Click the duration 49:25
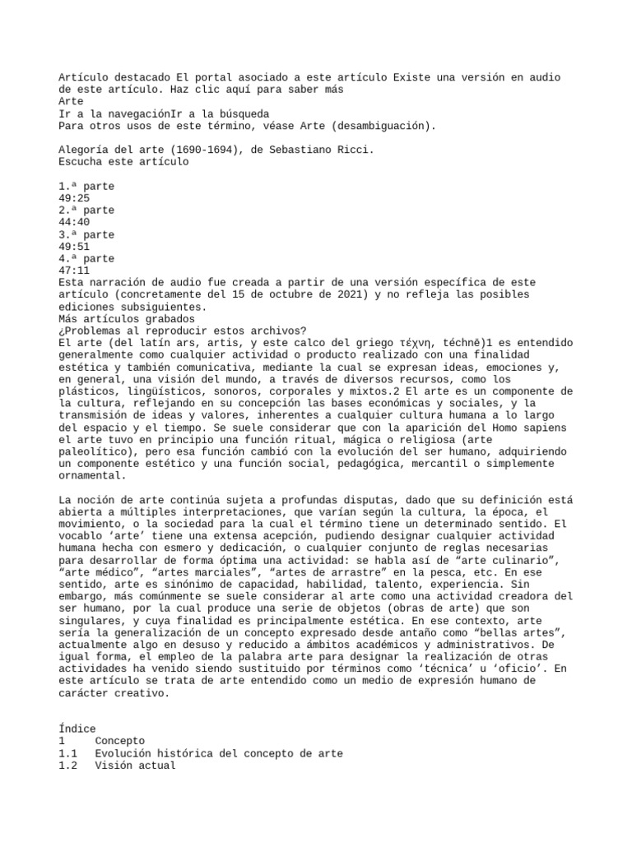coord(74,198)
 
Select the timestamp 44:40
coord(74,222)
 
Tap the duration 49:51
coord(74,247)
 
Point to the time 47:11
coord(74,271)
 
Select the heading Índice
coord(77,729)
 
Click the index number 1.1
coord(67,753)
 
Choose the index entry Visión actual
coord(135,766)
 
